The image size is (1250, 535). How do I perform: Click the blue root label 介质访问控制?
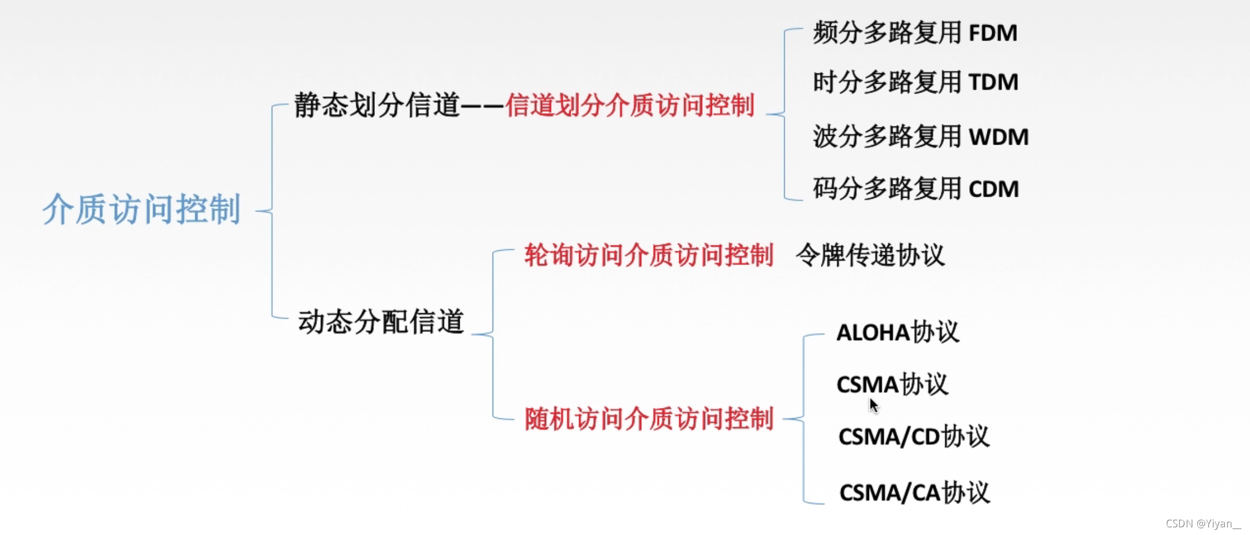pos(142,209)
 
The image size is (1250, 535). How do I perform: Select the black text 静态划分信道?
pos(377,105)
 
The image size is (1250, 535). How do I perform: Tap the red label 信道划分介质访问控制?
pos(630,105)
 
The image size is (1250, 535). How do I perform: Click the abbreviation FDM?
pos(993,33)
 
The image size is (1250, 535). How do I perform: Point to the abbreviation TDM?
pos(993,83)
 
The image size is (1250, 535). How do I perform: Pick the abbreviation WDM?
pos(999,137)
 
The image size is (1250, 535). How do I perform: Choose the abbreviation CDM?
pos(993,189)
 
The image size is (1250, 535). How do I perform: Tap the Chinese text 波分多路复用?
pos(887,136)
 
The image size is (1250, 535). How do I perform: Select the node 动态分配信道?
pos(381,321)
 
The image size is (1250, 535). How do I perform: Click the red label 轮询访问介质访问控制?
pos(649,255)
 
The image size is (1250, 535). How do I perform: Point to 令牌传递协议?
pos(870,255)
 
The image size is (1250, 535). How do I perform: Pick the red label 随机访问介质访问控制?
pos(649,419)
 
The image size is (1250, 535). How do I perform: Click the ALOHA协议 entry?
pos(898,332)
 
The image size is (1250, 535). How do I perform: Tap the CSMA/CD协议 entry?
pos(913,436)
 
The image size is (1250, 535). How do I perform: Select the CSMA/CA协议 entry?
pos(915,492)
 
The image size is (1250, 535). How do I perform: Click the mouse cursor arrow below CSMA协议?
pos(873,405)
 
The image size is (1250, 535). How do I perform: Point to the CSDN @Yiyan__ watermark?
pos(1203,524)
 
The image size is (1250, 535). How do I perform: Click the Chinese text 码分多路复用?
pos(887,189)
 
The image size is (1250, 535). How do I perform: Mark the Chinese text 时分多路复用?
pos(887,82)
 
